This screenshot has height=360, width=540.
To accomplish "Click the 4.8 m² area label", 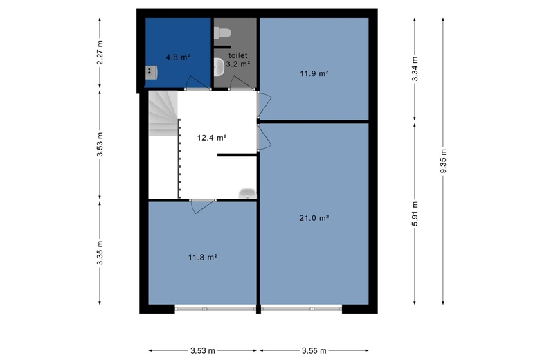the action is (178, 57).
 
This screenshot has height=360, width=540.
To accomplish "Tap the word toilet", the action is (238, 55).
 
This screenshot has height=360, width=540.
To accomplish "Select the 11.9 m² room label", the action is (314, 73).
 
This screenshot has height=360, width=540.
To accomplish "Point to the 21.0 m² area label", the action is (314, 218).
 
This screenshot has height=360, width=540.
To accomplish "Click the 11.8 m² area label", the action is (202, 258).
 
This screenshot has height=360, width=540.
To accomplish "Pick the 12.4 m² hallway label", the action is (212, 138).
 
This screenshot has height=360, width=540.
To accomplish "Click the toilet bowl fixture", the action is (222, 33).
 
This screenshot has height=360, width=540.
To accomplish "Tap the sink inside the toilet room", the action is (219, 66).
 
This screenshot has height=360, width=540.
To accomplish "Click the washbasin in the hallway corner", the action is (247, 193).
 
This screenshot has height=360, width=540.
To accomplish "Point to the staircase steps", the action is (163, 114).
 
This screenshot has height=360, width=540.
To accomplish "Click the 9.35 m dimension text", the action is (444, 161).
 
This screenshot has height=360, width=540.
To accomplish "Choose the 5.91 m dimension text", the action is (415, 214).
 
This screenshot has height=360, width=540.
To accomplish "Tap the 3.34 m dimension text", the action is (415, 69).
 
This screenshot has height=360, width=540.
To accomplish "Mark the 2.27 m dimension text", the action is (100, 53).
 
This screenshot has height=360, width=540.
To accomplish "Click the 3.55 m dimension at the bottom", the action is (314, 351).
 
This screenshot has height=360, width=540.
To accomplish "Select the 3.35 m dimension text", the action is (100, 253).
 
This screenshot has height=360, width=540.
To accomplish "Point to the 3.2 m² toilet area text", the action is (238, 64).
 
